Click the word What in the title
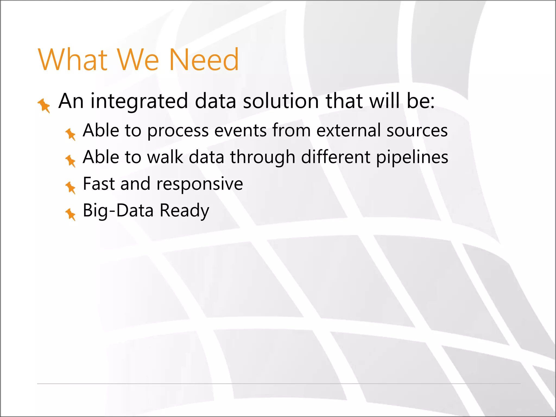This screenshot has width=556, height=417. pos(73,60)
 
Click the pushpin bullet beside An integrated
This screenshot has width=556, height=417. pos(44,105)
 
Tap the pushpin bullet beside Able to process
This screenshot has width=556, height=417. pos(71,134)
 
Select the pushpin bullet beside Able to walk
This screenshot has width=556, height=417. pos(71,161)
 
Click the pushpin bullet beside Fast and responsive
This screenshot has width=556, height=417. pos(71,187)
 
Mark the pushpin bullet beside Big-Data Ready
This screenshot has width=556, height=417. pos(71,214)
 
